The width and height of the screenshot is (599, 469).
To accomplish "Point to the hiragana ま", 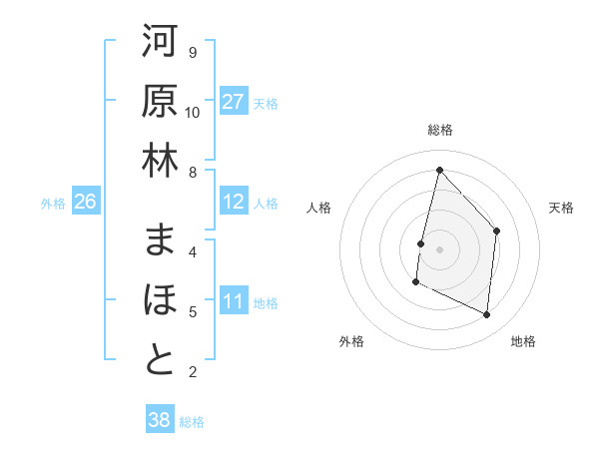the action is (x=160, y=239).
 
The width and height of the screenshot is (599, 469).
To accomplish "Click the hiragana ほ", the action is (x=160, y=299).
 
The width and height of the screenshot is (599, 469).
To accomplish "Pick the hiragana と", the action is (x=160, y=359).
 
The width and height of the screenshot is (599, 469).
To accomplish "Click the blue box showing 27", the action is (x=233, y=102).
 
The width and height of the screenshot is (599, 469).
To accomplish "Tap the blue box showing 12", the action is (x=233, y=202).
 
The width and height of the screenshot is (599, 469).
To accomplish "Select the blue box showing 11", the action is (x=233, y=301).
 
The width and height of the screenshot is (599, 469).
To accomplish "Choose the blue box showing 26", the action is (x=85, y=202).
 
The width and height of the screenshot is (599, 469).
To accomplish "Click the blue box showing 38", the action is (x=159, y=420).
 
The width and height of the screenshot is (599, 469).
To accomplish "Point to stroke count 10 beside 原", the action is (x=193, y=112).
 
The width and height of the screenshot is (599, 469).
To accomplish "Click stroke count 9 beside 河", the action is (x=193, y=52).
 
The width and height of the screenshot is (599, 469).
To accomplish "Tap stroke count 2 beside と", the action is (x=193, y=372).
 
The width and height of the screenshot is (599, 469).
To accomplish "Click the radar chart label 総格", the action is (x=439, y=130).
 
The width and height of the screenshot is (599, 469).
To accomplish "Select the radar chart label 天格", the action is (x=561, y=208).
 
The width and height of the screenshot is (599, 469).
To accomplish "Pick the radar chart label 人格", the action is (x=318, y=208).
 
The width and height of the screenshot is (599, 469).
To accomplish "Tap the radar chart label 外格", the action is (x=351, y=341).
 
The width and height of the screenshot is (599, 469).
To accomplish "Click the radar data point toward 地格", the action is (x=487, y=314).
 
